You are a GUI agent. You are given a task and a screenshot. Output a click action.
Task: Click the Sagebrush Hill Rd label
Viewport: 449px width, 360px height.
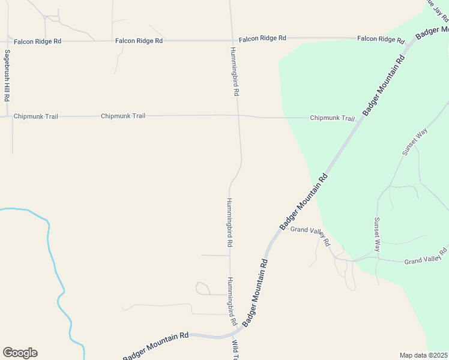pos(7,76)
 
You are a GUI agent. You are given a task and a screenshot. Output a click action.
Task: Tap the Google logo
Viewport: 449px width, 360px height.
pos(20,353)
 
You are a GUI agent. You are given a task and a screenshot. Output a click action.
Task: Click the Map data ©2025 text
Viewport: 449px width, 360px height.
pos(424,355)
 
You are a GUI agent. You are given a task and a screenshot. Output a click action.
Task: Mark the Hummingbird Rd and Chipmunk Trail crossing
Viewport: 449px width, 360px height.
pos(238,116)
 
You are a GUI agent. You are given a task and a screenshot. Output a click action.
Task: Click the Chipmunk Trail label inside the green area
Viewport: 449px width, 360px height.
pos(332,118)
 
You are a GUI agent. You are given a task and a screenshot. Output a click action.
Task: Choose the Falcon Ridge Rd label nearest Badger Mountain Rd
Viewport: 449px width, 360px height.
pos(381,39)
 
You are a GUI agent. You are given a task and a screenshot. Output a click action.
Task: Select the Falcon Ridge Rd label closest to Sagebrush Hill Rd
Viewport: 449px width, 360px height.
pos(37,41)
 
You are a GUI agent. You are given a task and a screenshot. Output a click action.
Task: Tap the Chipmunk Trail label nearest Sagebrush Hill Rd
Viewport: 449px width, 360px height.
pos(35,116)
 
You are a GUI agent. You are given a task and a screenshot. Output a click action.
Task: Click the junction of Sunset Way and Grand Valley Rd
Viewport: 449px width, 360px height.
pos(377,259)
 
